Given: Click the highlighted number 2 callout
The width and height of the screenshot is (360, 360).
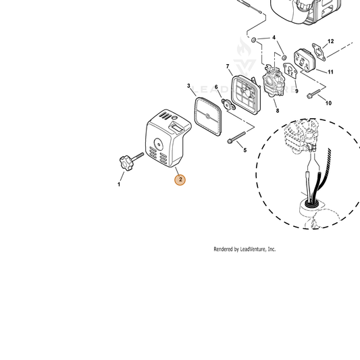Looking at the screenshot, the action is pos(180,180).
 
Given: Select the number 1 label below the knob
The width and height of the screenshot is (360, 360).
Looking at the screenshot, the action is pos(119,184).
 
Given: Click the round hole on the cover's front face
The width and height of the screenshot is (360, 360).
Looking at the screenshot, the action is pos(159,144).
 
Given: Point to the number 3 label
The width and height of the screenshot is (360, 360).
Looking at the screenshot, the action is pos(188,86).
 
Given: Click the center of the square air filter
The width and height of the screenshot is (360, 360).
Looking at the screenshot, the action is pos(208,116).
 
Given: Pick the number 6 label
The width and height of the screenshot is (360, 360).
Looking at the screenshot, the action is pos(216,87).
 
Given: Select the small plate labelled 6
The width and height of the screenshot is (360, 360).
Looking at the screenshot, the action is pos(228,105).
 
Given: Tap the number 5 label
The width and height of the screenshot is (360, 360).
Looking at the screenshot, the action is pos(245,150).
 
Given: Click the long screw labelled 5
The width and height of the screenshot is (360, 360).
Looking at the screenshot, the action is pos(236,138).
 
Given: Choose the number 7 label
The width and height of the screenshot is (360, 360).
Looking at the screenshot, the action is pos(228,66).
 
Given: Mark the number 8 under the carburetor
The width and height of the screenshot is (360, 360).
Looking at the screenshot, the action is pos(278,111).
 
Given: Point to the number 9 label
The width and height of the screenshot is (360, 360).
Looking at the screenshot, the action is pos(297,91).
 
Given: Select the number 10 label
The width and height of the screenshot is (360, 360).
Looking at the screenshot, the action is pos(328,103).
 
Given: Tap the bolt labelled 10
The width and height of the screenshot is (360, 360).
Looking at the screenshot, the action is pos(313,94).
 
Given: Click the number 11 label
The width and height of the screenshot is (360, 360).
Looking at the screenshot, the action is pos(330,72).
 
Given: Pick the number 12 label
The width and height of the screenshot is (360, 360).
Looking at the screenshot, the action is pos(330,41).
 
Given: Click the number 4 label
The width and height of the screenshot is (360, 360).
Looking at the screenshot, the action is pos(274,37).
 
